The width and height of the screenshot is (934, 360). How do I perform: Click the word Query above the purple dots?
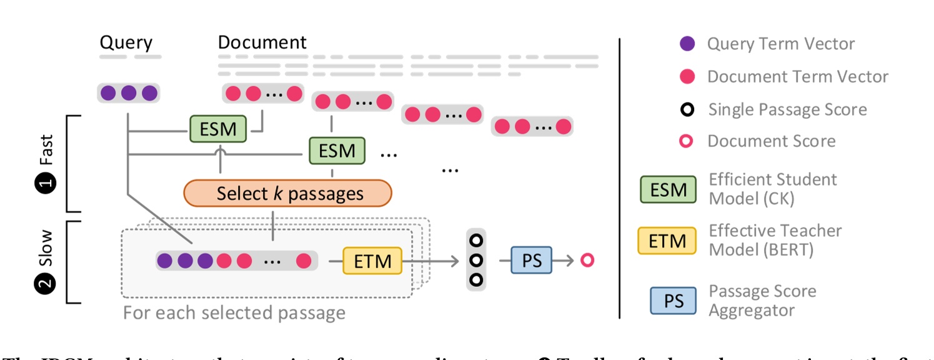point(126,42)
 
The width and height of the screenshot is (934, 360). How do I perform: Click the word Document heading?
point(262,42)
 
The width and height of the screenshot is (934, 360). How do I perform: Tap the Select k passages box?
point(287,193)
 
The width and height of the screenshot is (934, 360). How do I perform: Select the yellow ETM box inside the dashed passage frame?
point(373,260)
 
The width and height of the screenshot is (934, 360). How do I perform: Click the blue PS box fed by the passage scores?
point(532,260)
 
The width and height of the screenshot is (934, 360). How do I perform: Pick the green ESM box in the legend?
point(668,189)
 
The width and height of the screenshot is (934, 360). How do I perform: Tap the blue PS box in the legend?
point(673,301)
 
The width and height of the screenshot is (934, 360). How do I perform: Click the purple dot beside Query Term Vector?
point(687,44)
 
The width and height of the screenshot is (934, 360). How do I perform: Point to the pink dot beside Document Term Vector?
point(687,77)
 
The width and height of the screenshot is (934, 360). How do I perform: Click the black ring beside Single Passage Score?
point(687,109)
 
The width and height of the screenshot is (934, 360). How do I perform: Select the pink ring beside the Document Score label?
point(687,141)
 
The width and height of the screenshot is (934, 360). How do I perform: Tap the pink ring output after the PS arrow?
point(587,260)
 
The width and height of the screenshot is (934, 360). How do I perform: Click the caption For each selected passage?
point(234,312)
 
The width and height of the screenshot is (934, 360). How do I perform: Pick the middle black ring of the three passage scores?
point(477,260)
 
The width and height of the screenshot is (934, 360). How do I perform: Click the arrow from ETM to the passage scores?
point(431,260)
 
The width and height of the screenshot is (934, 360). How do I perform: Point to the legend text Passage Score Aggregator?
point(762,301)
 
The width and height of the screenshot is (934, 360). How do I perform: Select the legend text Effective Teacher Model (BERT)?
point(775,240)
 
